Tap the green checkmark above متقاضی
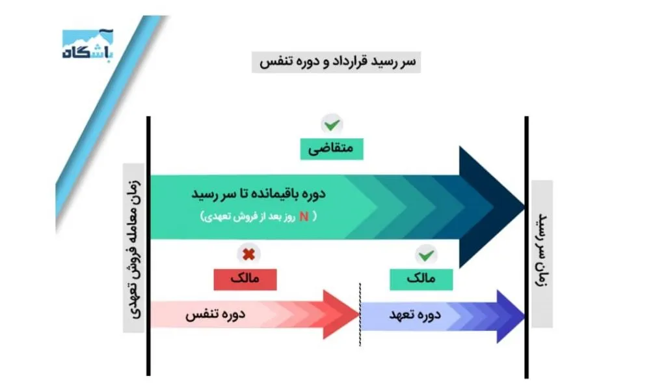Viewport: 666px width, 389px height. (332, 123)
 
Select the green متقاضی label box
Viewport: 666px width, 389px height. (332, 149)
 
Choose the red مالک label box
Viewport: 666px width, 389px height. (245, 279)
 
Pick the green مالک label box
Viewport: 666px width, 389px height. (421, 279)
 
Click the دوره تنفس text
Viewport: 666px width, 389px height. (215, 315)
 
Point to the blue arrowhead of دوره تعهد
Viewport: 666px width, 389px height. (511, 316)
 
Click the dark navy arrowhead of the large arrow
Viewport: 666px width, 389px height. (494, 207)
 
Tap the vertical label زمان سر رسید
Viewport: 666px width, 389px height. (541, 253)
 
